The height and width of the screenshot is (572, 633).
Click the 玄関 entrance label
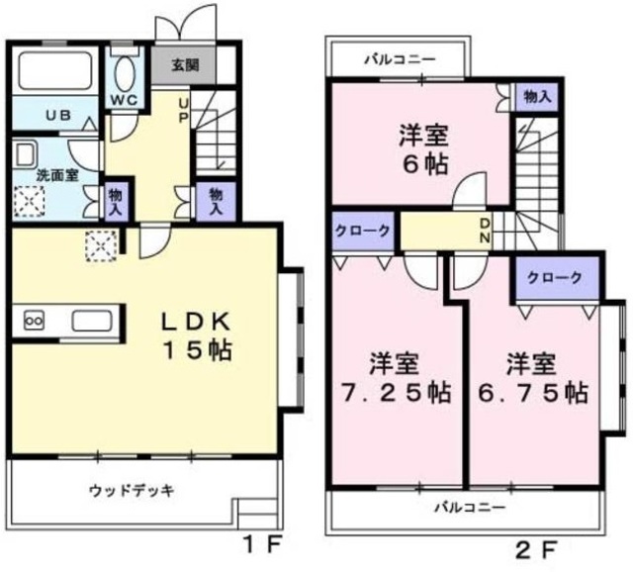click(183, 67)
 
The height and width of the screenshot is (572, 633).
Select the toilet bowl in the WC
click(125, 74)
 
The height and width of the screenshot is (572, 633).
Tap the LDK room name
click(198, 322)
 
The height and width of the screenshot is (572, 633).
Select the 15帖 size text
click(198, 351)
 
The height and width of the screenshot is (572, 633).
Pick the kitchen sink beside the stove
click(90, 322)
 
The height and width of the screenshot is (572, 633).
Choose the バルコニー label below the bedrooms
click(471, 508)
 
